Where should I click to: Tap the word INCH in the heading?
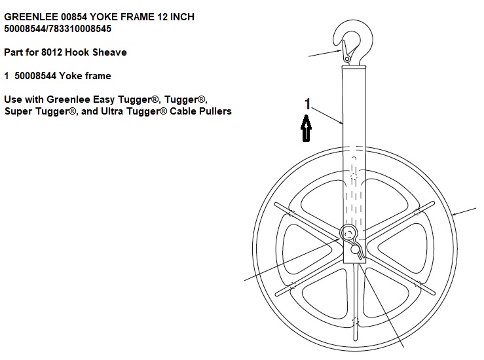pyautogui.click(x=182, y=16)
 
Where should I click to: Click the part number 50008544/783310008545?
pyautogui.click(x=58, y=29)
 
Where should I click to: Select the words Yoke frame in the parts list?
pyautogui.click(x=85, y=76)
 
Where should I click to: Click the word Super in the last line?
pyautogui.click(x=18, y=111)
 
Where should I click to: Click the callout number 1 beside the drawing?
pyautogui.click(x=307, y=104)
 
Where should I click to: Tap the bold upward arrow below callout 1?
pyautogui.click(x=307, y=128)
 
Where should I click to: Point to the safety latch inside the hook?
pyautogui.click(x=346, y=51)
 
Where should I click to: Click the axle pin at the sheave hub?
pyautogui.click(x=348, y=234)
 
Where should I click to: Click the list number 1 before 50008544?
pyautogui.click(x=7, y=76)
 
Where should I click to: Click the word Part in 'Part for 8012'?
pyautogui.click(x=13, y=52)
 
